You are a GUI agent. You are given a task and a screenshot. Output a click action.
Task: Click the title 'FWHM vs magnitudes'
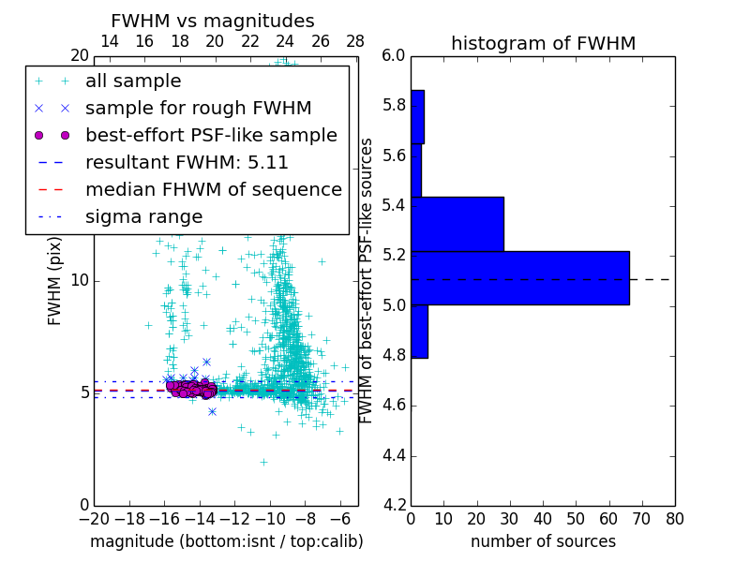click(213, 21)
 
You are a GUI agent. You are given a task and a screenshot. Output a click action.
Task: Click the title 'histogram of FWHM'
click(543, 43)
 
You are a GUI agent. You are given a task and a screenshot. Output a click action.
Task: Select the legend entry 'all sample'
click(133, 81)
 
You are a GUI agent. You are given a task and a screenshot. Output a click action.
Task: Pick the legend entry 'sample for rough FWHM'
click(198, 109)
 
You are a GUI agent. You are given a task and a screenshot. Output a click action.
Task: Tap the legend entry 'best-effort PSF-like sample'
click(211, 135)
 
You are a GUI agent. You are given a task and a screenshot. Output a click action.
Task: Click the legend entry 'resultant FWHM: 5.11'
click(187, 162)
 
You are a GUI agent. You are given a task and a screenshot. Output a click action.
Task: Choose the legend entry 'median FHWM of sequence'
click(213, 189)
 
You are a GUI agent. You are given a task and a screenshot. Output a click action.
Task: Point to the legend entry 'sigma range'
click(143, 216)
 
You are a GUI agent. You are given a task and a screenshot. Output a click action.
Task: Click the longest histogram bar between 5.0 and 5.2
click(519, 278)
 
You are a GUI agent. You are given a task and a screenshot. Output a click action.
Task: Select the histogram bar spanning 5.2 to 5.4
click(457, 224)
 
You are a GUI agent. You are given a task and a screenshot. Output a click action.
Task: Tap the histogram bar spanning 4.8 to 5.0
click(419, 331)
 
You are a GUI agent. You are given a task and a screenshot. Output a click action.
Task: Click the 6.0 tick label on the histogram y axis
click(394, 55)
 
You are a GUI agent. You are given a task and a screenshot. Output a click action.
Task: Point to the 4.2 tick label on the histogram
click(394, 506)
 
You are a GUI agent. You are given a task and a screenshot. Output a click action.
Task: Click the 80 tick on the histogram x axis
click(674, 519)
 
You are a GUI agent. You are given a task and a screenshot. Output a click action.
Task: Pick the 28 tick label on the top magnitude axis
click(355, 41)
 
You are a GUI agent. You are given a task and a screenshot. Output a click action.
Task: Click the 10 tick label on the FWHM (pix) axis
click(80, 280)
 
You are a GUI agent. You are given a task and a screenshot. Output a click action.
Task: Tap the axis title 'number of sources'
click(543, 541)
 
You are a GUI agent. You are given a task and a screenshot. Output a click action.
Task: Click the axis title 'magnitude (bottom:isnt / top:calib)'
click(226, 541)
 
